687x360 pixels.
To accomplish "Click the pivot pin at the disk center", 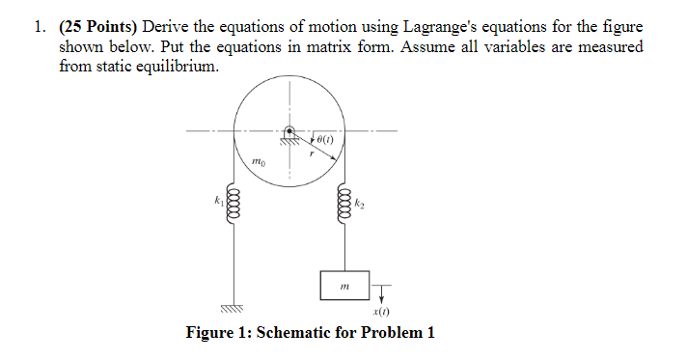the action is [x=287, y=132].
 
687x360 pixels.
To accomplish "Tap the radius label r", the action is [x=311, y=152].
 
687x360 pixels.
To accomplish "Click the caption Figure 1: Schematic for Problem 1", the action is [x=310, y=333].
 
